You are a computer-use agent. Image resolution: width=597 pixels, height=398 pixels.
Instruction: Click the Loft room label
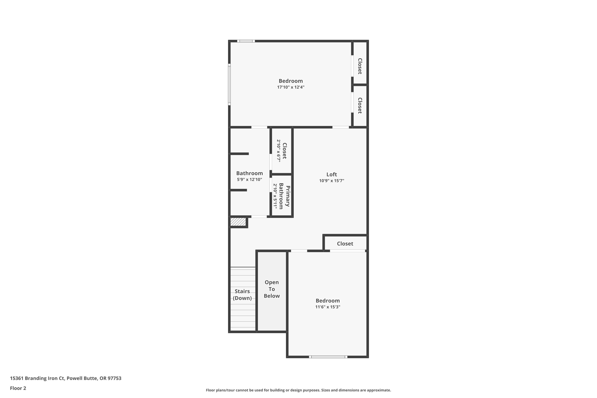pyautogui.click(x=332, y=174)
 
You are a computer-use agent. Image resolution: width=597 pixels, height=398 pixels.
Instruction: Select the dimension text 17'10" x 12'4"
pyautogui.click(x=291, y=87)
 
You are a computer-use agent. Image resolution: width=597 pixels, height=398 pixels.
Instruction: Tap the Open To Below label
pyautogui.click(x=272, y=289)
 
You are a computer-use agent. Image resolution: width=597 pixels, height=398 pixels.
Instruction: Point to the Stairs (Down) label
pyautogui.click(x=242, y=295)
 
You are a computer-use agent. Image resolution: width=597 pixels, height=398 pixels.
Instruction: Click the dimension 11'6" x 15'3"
pyautogui.click(x=327, y=307)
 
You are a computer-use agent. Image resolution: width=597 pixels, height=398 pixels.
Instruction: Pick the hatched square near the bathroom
pyautogui.click(x=238, y=222)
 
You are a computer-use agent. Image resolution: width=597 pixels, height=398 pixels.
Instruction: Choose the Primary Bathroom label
pyautogui.click(x=285, y=196)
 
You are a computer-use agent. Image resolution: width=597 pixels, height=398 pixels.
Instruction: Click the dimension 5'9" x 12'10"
pyautogui.click(x=249, y=180)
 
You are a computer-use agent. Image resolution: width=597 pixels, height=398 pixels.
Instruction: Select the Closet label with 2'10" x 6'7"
pyautogui.click(x=285, y=151)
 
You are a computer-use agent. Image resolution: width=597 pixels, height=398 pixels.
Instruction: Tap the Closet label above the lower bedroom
pyautogui.click(x=345, y=244)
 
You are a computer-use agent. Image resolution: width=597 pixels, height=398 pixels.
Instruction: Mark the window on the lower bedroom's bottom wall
pyautogui.click(x=328, y=357)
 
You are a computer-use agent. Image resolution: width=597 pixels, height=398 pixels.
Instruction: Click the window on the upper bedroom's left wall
pyautogui.click(x=229, y=85)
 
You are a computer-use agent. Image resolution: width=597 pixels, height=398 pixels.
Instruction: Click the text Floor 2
pyautogui.click(x=18, y=388)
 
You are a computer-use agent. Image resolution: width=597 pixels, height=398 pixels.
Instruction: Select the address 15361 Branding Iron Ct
pyautogui.click(x=37, y=378)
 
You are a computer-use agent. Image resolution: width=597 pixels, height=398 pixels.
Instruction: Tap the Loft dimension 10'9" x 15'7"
pyautogui.click(x=332, y=181)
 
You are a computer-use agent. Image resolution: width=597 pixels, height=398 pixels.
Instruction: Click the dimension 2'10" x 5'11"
pyautogui.click(x=275, y=196)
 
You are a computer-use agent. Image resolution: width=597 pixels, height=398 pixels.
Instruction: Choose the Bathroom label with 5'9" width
pyautogui.click(x=249, y=173)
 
